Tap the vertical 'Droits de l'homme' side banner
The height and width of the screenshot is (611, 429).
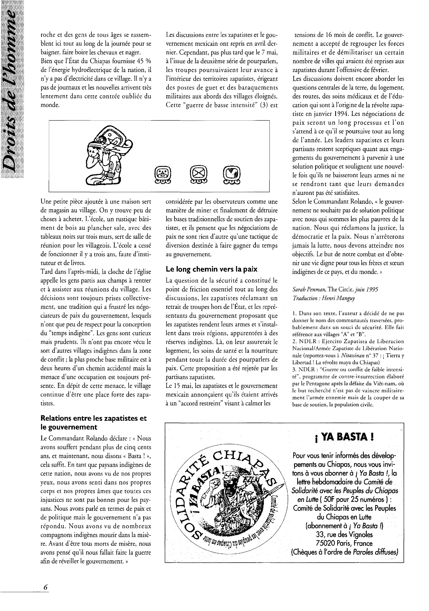pyautogui.click(x=12, y=90)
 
